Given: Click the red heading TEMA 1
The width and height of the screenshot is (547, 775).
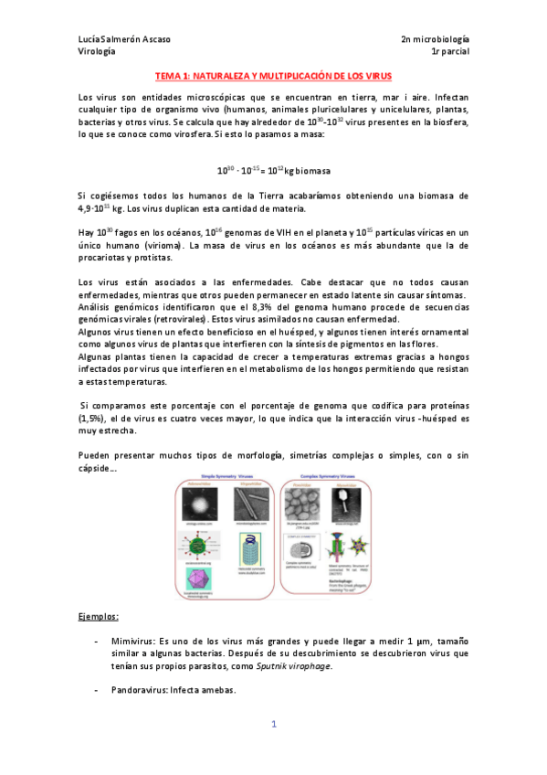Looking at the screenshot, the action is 272,78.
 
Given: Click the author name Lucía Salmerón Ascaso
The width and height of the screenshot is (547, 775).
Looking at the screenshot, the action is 124,39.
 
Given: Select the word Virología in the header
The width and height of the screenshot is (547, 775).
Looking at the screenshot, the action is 97,52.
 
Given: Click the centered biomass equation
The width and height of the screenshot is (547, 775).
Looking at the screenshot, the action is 273,171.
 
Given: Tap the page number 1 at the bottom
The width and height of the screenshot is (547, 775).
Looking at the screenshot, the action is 273,725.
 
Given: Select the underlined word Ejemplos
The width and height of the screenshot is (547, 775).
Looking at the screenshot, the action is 99,617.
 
